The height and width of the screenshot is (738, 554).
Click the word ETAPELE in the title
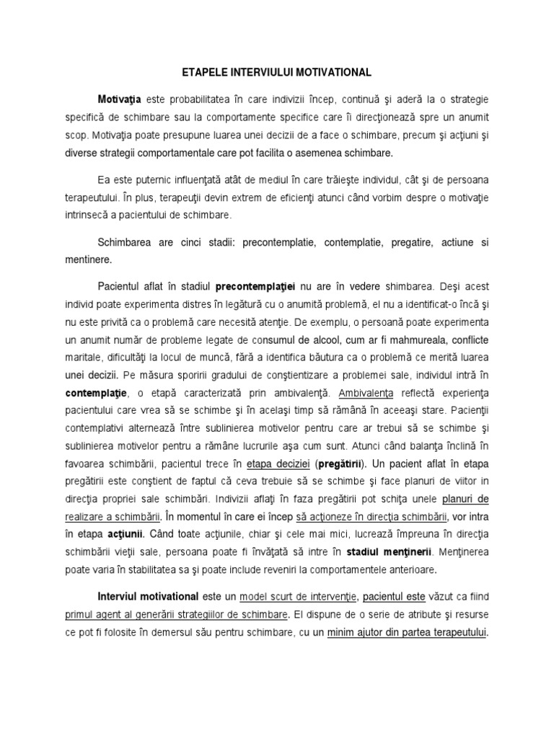pyautogui.click(x=200, y=73)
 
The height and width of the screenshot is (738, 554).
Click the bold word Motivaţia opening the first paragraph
pyautogui.click(x=120, y=97)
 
